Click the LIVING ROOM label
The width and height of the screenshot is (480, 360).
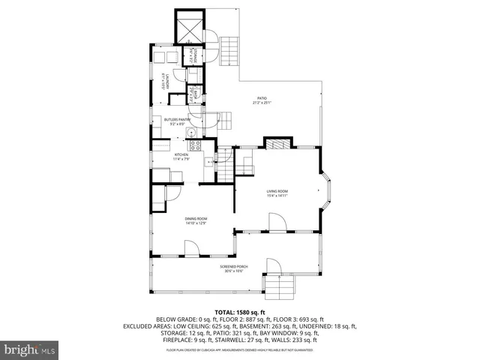277,192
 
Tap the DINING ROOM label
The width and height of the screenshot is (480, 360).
196,218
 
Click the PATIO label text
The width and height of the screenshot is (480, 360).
262,97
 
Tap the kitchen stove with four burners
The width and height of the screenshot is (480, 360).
193,145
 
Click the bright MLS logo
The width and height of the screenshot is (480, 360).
30,349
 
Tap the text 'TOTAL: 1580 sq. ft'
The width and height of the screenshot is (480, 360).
240,312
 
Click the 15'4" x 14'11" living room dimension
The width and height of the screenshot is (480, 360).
277,196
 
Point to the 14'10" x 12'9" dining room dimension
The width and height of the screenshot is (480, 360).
196,223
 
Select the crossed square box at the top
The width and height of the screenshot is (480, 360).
190,28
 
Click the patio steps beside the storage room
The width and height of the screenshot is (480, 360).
230,50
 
